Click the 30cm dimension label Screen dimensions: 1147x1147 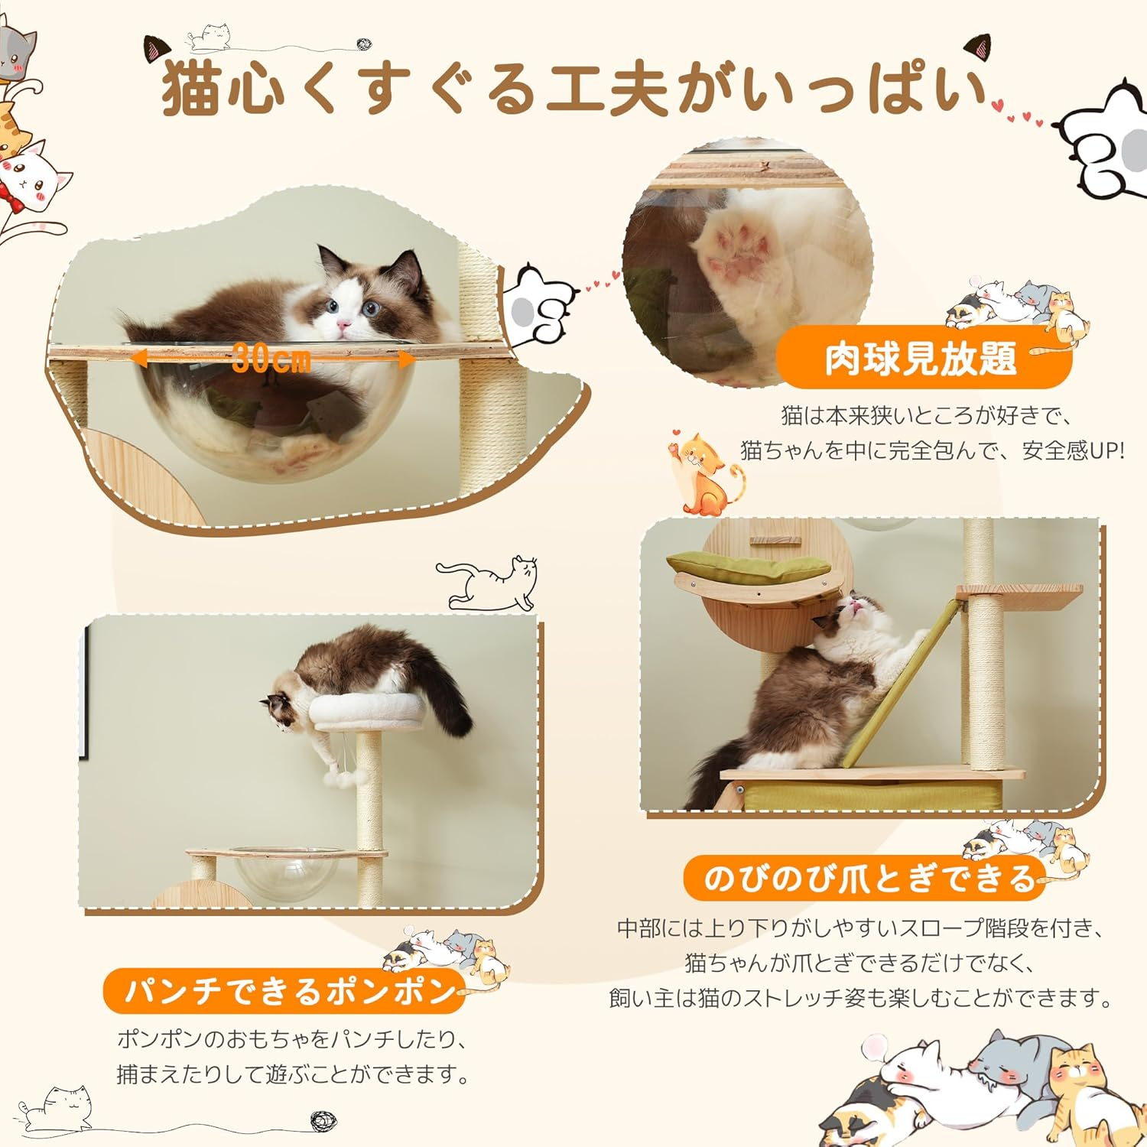[x=271, y=357]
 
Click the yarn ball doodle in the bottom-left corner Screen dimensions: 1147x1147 [x=324, y=1122]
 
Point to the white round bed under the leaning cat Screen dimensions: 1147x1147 [x=367, y=711]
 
